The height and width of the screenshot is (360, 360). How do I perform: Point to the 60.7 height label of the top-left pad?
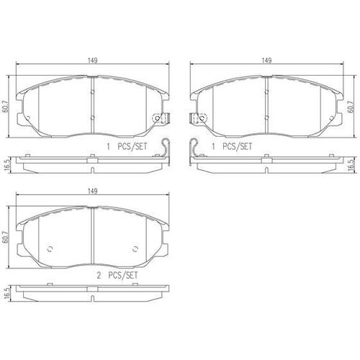coord(6,106)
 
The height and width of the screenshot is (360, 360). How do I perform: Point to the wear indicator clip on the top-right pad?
coord(195,117)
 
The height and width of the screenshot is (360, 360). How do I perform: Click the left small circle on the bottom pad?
coord(50,249)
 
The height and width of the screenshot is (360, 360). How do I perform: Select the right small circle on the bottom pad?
coord(136,249)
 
